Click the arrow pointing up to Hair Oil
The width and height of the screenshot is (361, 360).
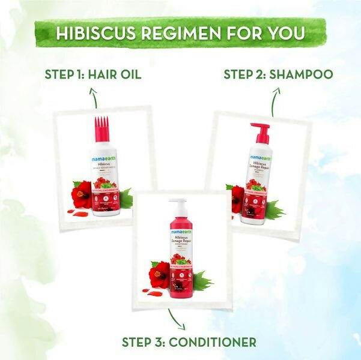93,95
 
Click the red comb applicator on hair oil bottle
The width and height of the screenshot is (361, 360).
104,131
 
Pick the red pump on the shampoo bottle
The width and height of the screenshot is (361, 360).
262,133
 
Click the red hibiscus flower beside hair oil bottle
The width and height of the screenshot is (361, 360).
82,196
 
